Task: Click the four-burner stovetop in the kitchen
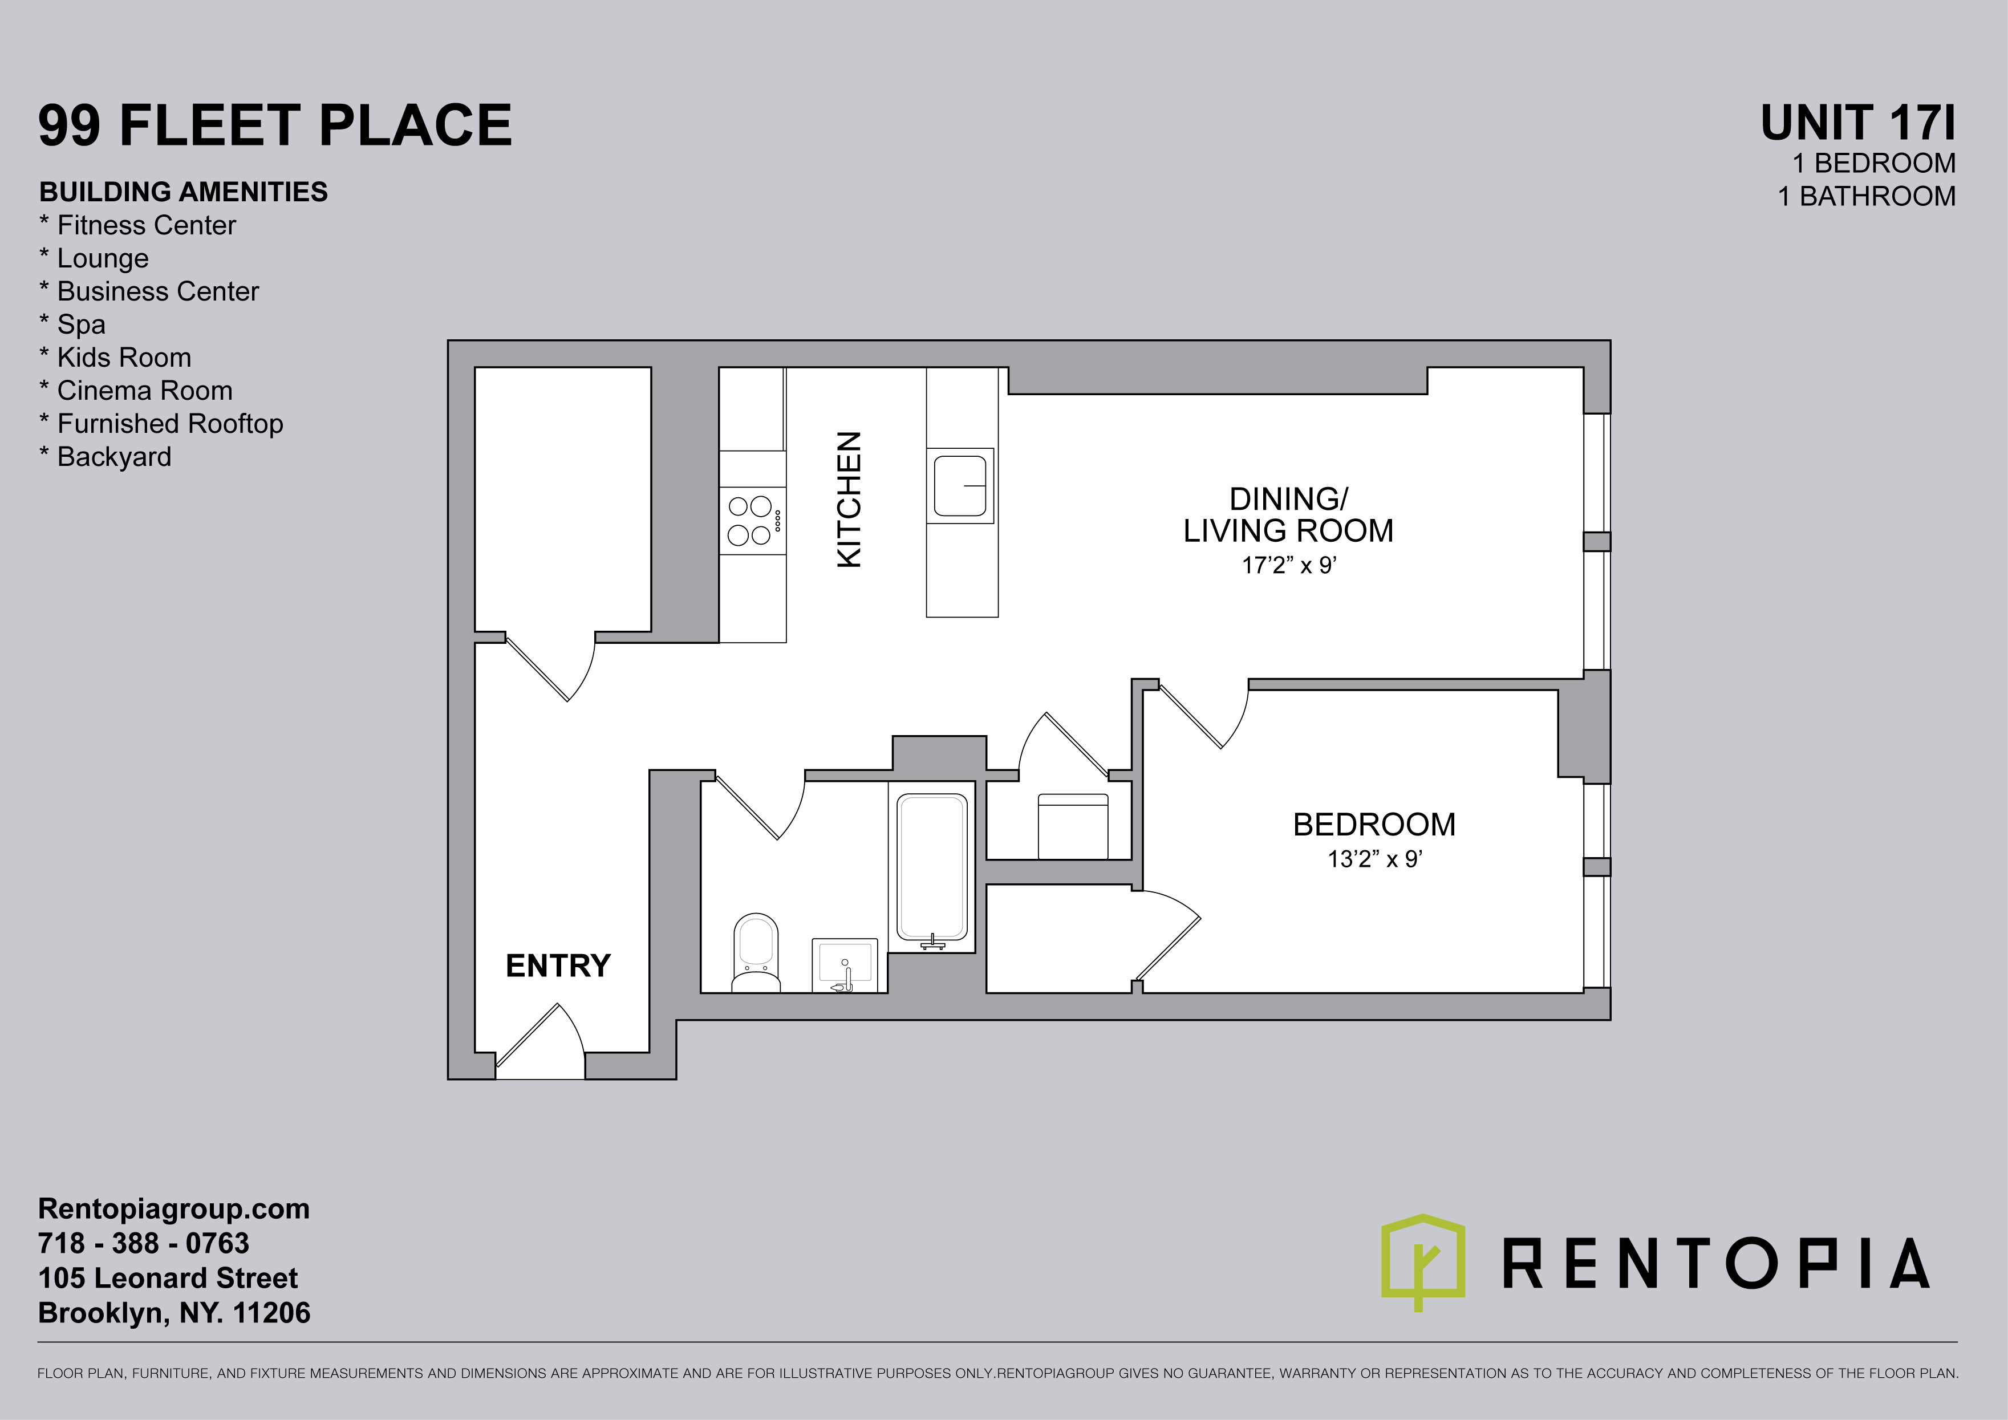(752, 520)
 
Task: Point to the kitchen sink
(960, 485)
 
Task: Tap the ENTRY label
(558, 965)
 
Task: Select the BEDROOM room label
(1374, 825)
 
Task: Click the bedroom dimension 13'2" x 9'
(1375, 859)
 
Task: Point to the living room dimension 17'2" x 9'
(1289, 566)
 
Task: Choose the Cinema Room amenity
(136, 391)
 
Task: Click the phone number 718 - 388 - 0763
(144, 1243)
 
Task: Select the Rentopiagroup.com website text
(174, 1209)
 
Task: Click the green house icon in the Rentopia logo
(1423, 1261)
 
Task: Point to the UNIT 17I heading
(1857, 123)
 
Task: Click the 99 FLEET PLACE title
(275, 125)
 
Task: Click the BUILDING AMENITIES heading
(184, 192)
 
